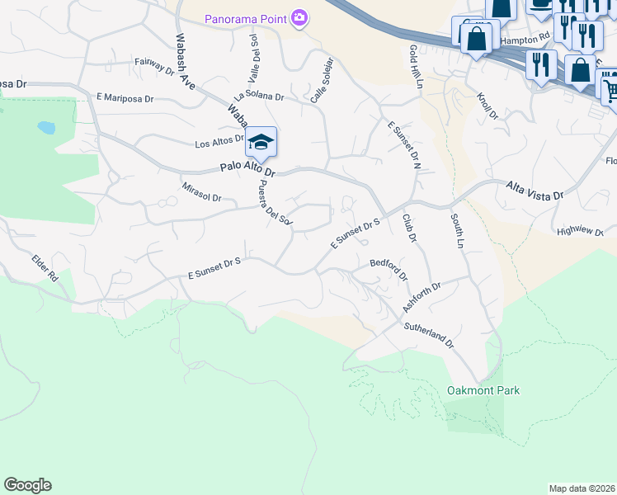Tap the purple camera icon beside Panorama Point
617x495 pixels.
[299, 17]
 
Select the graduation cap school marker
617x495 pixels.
[261, 142]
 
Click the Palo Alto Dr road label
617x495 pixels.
[247, 169]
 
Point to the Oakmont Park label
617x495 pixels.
[483, 390]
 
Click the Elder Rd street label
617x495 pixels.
[46, 269]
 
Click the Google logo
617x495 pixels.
[27, 485]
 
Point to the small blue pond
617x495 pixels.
[46, 128]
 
